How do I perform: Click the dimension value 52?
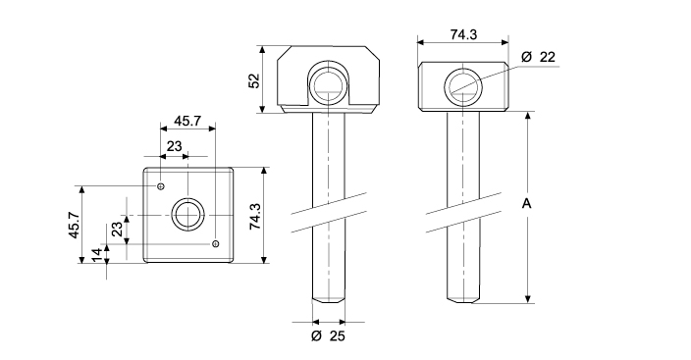(x=254, y=80)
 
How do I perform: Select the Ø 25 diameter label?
(x=328, y=336)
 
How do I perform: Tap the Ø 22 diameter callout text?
(x=538, y=57)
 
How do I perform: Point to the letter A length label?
(x=527, y=204)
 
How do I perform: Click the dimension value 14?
(x=96, y=255)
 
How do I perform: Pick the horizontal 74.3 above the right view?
(x=463, y=34)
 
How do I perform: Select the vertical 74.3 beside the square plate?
(x=255, y=217)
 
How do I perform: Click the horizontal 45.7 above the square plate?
(x=187, y=121)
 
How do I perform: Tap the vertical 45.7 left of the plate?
(x=74, y=226)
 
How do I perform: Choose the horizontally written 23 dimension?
(x=174, y=146)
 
